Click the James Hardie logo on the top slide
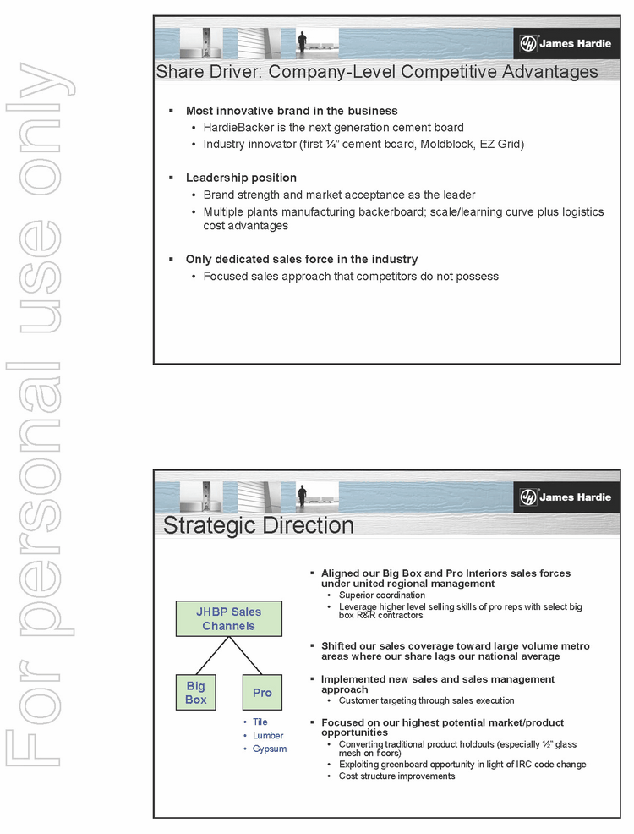(x=565, y=44)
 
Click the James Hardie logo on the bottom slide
(x=565, y=497)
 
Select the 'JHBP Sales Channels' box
(x=228, y=618)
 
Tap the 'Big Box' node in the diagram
(x=196, y=692)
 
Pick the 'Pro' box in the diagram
(x=262, y=692)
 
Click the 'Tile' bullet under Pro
(x=260, y=722)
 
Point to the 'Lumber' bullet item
(x=268, y=735)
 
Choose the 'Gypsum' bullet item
(x=270, y=749)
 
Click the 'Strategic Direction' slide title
(x=258, y=525)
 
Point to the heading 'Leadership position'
(x=241, y=178)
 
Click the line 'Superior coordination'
(x=381, y=595)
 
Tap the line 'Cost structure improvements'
(x=396, y=776)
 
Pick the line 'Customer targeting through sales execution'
(x=426, y=700)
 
